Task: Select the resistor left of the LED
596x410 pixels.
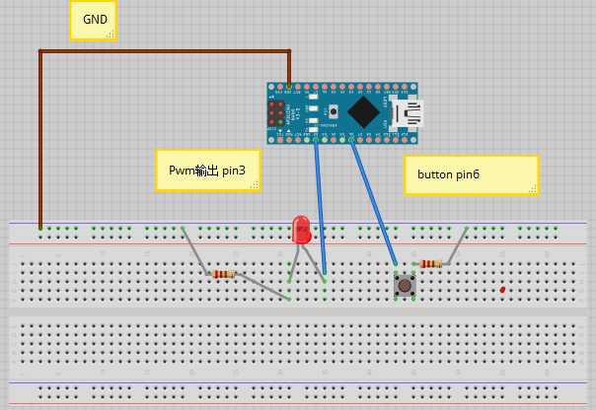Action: click(x=224, y=275)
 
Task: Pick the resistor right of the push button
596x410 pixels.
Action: click(x=430, y=263)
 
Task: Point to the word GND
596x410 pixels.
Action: click(x=96, y=18)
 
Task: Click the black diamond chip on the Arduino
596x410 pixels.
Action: click(x=363, y=111)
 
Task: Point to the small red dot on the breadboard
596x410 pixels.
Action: click(x=503, y=290)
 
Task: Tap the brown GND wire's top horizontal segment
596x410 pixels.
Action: click(x=163, y=51)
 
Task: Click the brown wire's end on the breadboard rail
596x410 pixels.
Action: click(x=40, y=228)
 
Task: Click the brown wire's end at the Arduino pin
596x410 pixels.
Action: click(x=289, y=84)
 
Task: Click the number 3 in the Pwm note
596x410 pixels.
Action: click(x=242, y=171)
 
